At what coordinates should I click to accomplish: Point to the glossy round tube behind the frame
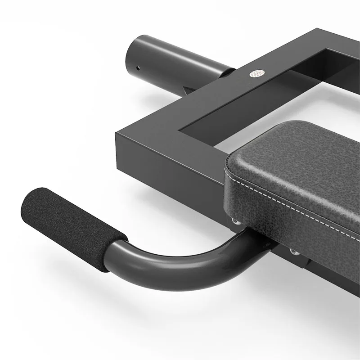(171, 56)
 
